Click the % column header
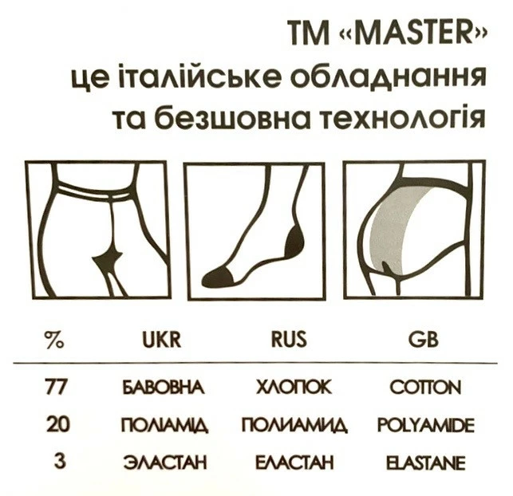[54, 340]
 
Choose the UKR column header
[162, 340]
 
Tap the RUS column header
[290, 339]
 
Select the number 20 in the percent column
[58, 424]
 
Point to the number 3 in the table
[61, 462]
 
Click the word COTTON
[425, 388]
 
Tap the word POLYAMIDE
[426, 425]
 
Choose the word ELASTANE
[426, 463]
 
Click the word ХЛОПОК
[294, 388]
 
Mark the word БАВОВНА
[164, 388]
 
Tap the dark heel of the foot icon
[295, 240]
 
